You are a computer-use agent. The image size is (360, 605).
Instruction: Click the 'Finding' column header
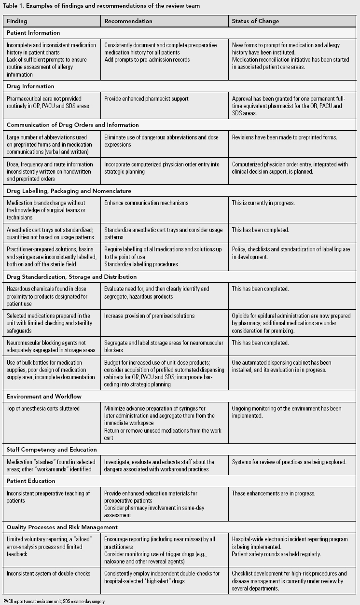point(17,21)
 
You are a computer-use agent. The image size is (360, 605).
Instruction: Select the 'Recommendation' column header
point(128,21)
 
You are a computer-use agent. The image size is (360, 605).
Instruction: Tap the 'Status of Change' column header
point(255,21)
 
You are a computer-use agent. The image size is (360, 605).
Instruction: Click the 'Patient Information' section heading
point(33,33)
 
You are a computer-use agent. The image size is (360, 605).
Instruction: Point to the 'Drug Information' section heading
point(30,86)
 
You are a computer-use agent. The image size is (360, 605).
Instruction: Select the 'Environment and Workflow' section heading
point(44,396)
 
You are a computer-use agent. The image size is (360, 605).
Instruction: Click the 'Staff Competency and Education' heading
point(52,450)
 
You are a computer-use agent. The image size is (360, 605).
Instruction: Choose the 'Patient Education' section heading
point(31,481)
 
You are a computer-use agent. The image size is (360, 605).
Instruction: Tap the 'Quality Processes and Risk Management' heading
point(62,527)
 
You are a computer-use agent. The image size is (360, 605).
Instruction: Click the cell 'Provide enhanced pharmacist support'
point(146,98)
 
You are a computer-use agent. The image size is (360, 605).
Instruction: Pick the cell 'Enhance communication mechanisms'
point(146,203)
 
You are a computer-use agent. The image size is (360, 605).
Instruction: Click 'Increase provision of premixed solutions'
point(150,316)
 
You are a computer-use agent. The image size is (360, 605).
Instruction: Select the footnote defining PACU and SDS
point(54,601)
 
